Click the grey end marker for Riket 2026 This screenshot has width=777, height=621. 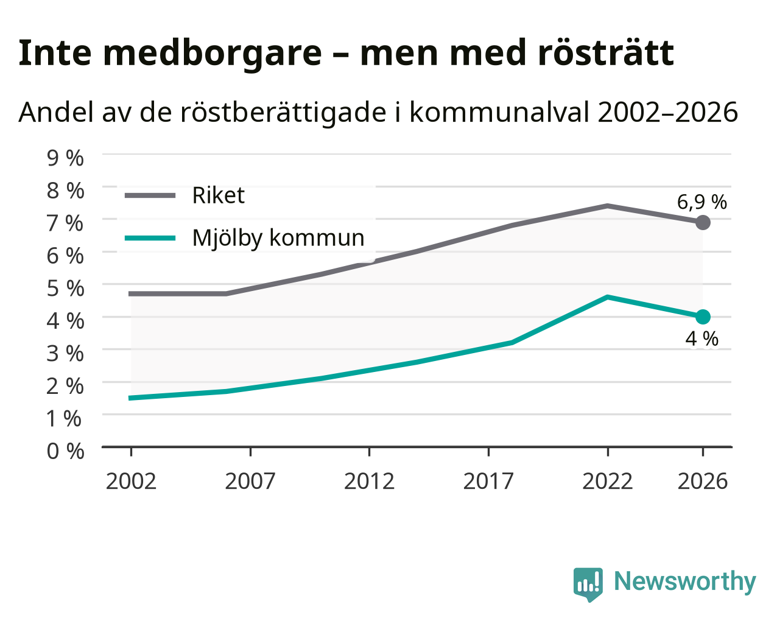703,222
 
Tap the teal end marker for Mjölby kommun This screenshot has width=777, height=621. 703,317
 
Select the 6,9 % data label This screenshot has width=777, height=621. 701,202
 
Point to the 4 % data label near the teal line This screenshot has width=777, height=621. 702,339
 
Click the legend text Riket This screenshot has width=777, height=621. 219,195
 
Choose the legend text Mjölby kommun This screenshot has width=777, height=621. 278,238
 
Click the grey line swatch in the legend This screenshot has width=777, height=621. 150,195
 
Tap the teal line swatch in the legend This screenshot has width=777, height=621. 150,238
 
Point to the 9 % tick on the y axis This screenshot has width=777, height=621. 65,158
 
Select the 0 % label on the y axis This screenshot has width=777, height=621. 65,451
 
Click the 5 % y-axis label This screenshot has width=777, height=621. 65,288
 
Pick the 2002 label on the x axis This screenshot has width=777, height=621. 131,481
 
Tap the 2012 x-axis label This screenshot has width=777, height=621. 370,481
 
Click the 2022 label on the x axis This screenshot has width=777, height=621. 608,481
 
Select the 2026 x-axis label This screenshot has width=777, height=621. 703,481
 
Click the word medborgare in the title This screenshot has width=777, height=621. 213,54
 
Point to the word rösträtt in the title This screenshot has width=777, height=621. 606,53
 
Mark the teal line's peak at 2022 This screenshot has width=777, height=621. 608,297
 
